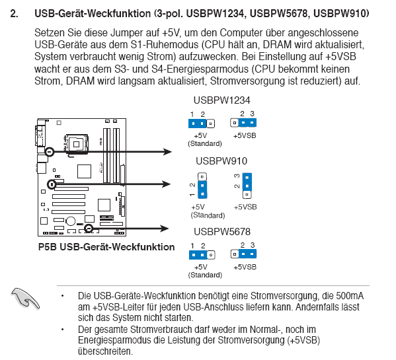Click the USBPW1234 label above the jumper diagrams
click(x=221, y=100)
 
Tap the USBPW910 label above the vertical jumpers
click(x=221, y=161)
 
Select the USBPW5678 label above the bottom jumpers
click(x=222, y=232)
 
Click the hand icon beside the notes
click(x=25, y=299)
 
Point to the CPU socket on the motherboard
click(x=76, y=144)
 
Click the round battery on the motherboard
click(x=71, y=221)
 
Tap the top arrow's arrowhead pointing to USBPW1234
click(x=167, y=152)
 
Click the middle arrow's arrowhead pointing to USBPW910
click(x=167, y=184)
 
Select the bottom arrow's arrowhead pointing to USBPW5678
click(x=165, y=229)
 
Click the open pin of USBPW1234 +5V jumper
click(x=210, y=124)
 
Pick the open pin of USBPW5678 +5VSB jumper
click(x=235, y=254)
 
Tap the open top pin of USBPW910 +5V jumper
click(x=202, y=176)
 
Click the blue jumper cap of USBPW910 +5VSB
click(x=247, y=182)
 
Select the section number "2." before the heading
click(x=14, y=14)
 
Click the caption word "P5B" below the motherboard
click(x=48, y=247)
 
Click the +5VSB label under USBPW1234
click(x=245, y=135)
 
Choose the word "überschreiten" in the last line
click(x=105, y=351)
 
